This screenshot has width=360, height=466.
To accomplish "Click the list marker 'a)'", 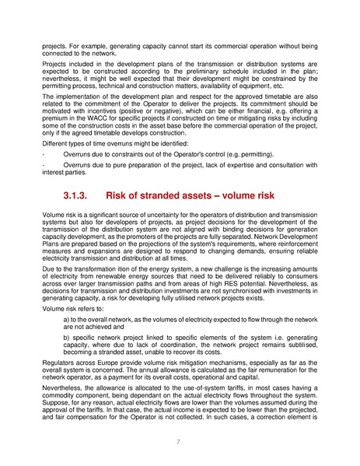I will point(66,319).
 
